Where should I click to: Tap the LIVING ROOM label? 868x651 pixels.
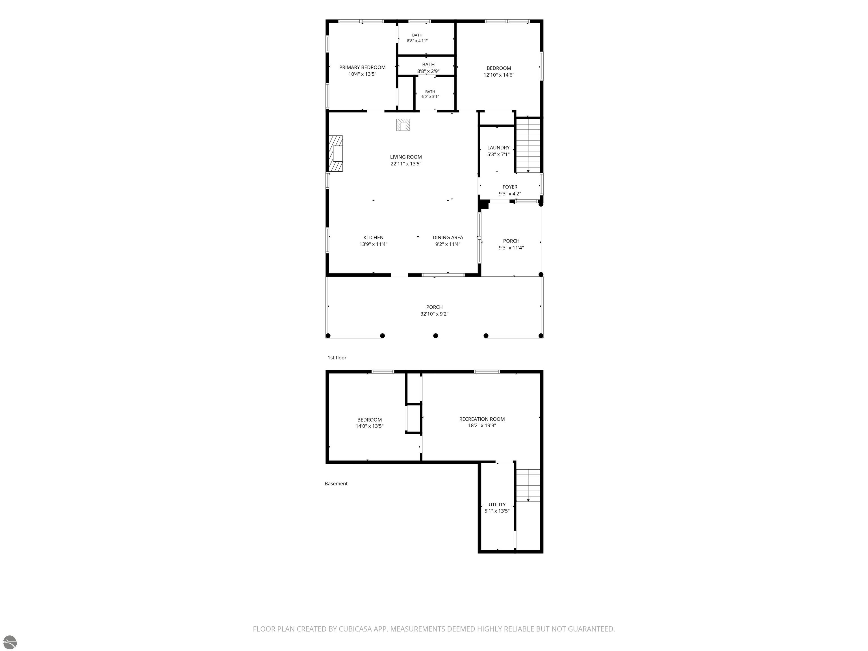click(406, 157)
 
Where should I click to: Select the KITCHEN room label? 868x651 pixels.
click(373, 237)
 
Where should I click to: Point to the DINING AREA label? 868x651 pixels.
click(448, 237)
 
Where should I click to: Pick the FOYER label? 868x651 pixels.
click(510, 187)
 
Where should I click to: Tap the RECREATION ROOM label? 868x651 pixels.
click(482, 419)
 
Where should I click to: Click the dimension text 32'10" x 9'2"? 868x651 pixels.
click(434, 314)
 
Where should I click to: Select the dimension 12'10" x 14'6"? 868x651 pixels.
click(498, 75)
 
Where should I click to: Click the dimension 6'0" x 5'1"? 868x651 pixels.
click(430, 97)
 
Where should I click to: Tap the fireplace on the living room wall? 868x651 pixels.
click(335, 153)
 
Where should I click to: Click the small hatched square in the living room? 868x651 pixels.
click(403, 125)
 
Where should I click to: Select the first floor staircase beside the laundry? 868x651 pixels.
click(528, 145)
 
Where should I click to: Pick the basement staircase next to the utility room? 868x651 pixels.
click(528, 485)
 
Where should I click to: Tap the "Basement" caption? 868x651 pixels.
click(336, 484)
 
